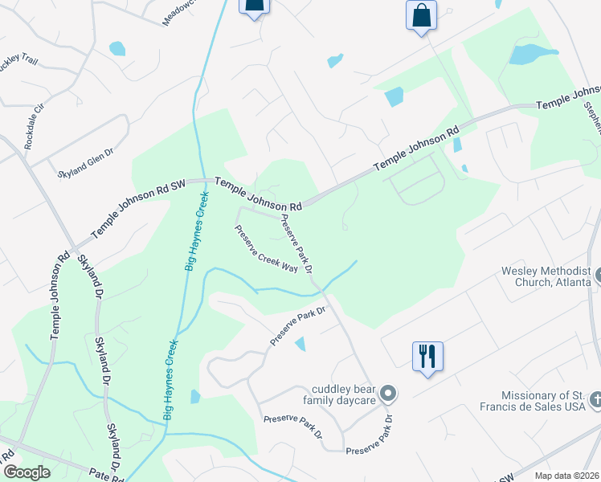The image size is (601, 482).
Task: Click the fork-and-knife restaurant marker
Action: [x=427, y=356]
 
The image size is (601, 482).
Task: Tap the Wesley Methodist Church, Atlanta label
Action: [x=546, y=276]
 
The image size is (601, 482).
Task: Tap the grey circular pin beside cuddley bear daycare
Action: [x=389, y=394]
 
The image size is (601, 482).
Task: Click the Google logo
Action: [x=26, y=472]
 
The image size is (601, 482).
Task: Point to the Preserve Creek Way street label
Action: [x=266, y=249]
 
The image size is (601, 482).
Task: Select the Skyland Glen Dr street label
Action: [x=88, y=161]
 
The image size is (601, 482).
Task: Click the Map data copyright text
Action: [x=566, y=476]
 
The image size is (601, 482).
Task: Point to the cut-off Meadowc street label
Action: [x=179, y=11]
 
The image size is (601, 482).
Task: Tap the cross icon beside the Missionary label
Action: [x=595, y=399]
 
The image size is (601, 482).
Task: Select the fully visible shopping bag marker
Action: [x=422, y=16]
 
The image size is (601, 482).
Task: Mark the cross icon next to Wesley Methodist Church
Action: [x=597, y=276]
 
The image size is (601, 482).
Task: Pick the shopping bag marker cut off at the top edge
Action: [x=254, y=7]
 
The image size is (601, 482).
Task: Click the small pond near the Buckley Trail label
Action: [x=117, y=48]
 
